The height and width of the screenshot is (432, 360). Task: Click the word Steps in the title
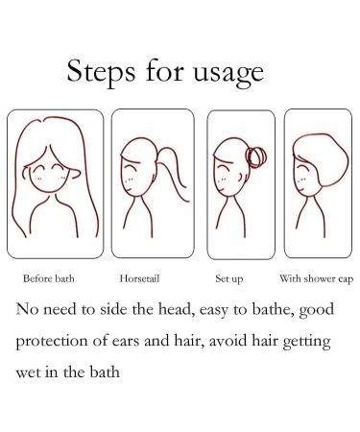coord(101,72)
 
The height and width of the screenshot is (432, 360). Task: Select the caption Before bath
coord(49,278)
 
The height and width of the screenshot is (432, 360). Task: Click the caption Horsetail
coord(139,278)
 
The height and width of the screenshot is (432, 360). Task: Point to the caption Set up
coord(229,279)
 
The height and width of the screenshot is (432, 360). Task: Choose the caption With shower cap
coord(317,279)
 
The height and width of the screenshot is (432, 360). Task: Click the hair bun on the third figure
coord(255,157)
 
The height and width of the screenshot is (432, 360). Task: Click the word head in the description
coord(177,309)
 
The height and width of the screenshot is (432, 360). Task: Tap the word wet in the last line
coord(27,372)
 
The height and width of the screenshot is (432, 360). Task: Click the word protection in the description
coord(52,341)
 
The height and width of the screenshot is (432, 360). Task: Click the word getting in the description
coord(306,342)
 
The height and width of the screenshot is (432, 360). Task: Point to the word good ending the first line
coord(317,310)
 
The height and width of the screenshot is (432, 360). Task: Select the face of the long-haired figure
coord(49,176)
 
